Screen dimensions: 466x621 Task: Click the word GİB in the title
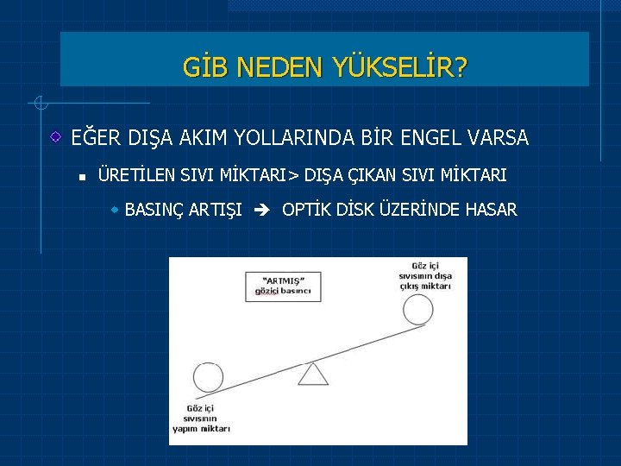(x=201, y=66)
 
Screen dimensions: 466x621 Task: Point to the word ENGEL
(x=439, y=137)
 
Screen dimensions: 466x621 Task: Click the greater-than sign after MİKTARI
(x=293, y=176)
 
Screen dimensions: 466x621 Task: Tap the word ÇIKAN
(x=371, y=175)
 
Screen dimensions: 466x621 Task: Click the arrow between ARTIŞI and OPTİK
(x=262, y=210)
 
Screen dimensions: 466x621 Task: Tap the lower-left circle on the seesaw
(x=208, y=378)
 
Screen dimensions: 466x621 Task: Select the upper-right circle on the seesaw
(x=418, y=309)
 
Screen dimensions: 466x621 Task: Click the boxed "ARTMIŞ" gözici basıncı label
(x=281, y=287)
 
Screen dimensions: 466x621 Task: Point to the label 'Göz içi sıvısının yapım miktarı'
(x=202, y=418)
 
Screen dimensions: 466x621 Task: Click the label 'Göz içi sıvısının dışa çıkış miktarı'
(x=425, y=274)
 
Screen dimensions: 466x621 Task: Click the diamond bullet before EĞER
(x=55, y=137)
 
